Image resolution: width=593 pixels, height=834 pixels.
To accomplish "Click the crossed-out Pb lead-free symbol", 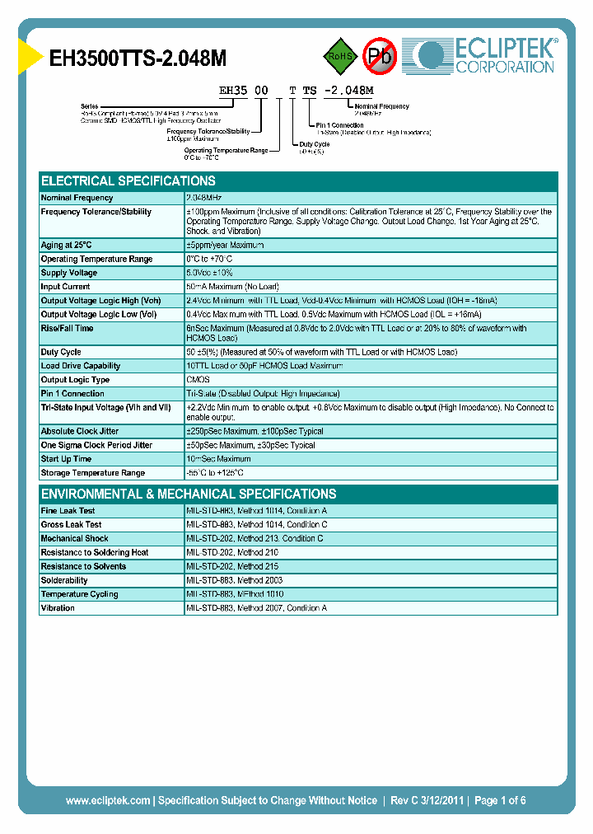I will tap(380, 56).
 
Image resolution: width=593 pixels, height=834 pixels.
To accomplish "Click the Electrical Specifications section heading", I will tap(128, 181).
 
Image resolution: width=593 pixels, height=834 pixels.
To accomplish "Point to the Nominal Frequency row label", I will tap(77, 198).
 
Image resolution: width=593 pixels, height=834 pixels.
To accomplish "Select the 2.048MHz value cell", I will tap(204, 198).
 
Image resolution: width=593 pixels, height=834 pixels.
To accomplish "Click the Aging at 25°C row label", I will tap(66, 245).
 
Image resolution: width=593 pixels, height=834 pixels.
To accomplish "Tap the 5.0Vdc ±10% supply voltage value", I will tap(210, 273).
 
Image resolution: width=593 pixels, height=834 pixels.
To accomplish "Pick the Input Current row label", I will tap(66, 287).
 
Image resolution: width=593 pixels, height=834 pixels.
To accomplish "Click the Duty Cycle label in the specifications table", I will tap(61, 352).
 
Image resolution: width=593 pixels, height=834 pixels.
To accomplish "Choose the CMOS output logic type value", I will tap(198, 380).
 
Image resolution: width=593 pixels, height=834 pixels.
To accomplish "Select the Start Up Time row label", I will tap(66, 459).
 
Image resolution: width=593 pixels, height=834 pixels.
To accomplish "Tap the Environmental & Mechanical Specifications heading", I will tap(189, 494).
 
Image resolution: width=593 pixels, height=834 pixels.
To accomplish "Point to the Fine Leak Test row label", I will tap(68, 511).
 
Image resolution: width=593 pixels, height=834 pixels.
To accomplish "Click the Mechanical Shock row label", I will tap(74, 539).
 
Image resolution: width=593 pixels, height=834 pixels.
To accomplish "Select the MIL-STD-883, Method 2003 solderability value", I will tap(235, 580).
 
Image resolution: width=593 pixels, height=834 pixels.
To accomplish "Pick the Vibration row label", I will tap(58, 608).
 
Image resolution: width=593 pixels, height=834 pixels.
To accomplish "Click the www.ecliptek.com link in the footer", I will tap(108, 800).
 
